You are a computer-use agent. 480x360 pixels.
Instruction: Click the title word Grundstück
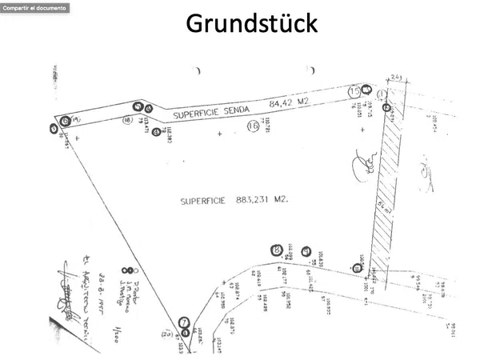252,23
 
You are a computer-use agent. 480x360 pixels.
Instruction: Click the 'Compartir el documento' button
34,7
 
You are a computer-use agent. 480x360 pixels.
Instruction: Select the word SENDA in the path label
235,106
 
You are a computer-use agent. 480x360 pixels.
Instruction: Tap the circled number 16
254,125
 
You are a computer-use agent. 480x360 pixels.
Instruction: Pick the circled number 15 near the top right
354,92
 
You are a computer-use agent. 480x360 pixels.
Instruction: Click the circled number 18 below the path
127,120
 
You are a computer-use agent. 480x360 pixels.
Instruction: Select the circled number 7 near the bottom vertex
184,322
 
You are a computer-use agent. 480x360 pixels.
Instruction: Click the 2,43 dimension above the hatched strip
395,78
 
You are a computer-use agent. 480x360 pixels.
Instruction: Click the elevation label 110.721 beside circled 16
267,124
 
